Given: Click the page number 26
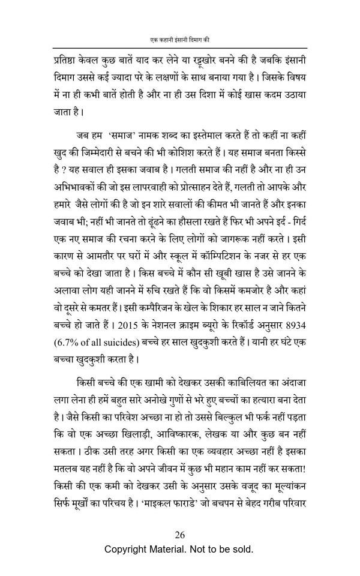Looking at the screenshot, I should click(x=179, y=536).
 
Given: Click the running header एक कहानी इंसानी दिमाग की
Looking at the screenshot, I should click(x=179, y=40).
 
